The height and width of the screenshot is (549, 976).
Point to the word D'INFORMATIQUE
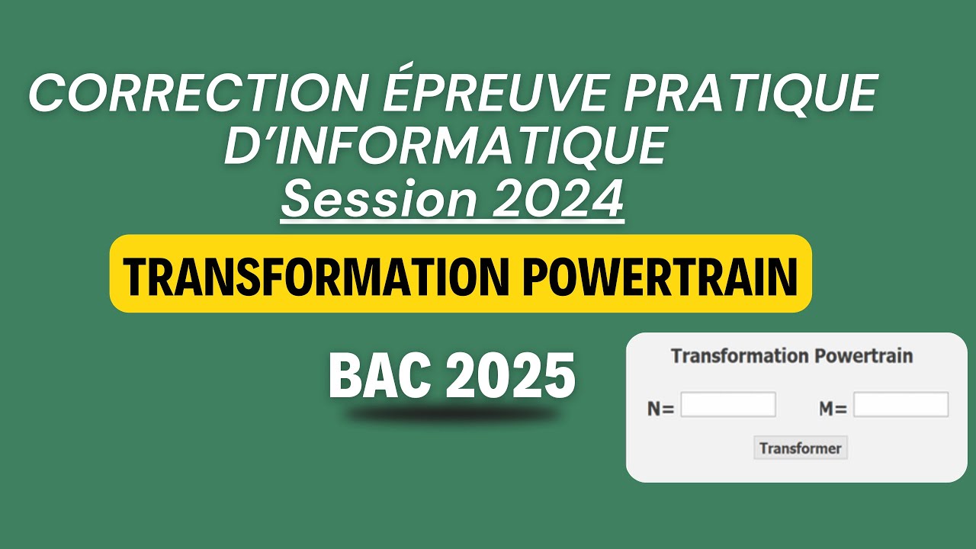445,146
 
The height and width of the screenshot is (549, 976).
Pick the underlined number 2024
557,199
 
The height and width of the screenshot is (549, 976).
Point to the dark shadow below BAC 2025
451,416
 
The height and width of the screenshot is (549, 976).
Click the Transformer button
800,448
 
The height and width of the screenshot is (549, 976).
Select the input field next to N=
727,405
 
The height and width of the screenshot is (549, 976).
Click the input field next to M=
901,405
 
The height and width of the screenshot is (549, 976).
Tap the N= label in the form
660,409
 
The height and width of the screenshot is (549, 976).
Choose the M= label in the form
833,409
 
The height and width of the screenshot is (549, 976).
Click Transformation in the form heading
739,356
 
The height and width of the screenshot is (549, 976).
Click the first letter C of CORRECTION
47,94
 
